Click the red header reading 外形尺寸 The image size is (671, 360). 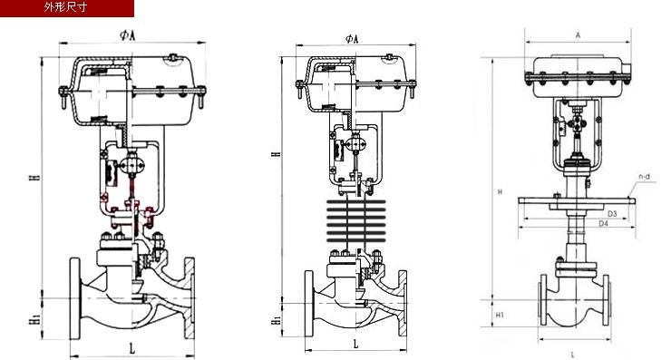pyautogui.click(x=67, y=8)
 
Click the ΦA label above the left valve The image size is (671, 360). pyautogui.click(x=128, y=35)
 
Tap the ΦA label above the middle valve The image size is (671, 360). pyautogui.click(x=352, y=39)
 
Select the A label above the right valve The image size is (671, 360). pyautogui.click(x=578, y=35)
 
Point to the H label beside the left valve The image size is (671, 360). pyautogui.click(x=37, y=176)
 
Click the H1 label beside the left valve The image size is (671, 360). pyautogui.click(x=36, y=320)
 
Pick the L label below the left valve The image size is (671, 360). pyautogui.click(x=132, y=349)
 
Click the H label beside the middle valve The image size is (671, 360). pyautogui.click(x=277, y=153)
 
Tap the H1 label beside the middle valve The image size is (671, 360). pyautogui.click(x=277, y=319)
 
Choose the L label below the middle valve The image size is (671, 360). pyautogui.click(x=355, y=344)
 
